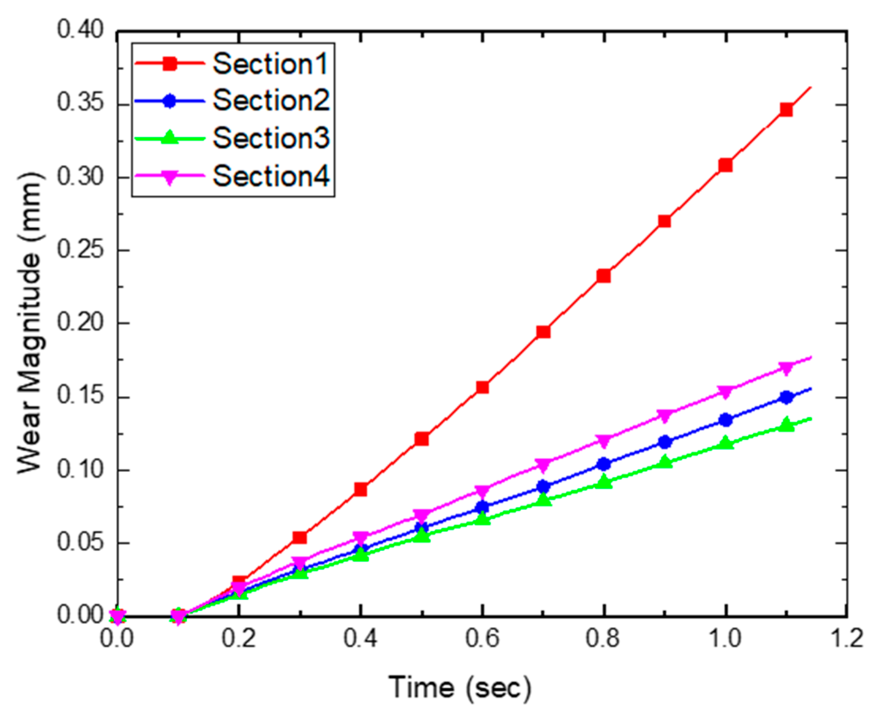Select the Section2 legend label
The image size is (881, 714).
271,101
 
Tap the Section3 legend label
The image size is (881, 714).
271,138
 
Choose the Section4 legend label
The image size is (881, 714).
271,176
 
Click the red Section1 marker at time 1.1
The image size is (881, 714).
786,110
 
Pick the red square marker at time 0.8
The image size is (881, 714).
604,276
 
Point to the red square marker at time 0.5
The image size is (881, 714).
421,439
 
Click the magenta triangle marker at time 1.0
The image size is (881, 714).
726,392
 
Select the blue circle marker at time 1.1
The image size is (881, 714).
786,397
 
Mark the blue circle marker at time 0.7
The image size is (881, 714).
543,486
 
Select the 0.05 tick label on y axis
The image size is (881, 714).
80,542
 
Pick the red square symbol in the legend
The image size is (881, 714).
170,64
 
